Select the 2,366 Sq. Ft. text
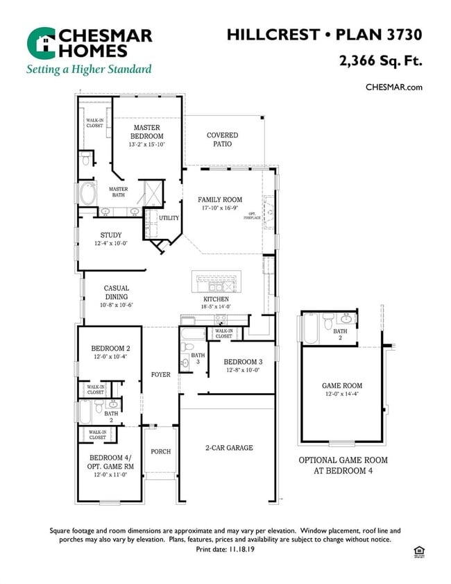[380, 60]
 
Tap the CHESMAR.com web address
[393, 87]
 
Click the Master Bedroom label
[146, 132]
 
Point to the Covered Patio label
[222, 140]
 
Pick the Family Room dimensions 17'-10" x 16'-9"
[220, 208]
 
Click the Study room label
[111, 235]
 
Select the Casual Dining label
[117, 292]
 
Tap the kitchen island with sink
[216, 283]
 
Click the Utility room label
[169, 218]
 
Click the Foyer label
[160, 374]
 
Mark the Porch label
[160, 451]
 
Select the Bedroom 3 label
[242, 362]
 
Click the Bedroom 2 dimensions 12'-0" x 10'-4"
[110, 356]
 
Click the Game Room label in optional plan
[342, 385]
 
